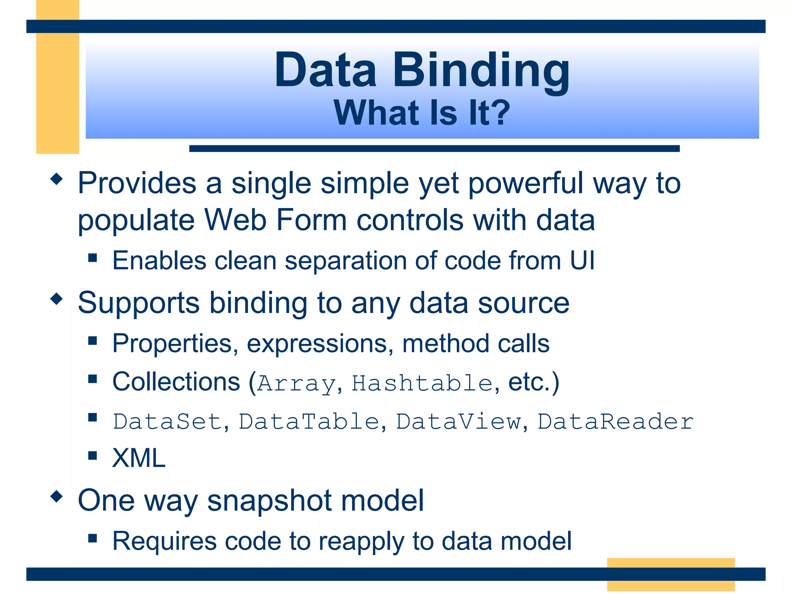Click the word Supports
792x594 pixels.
tap(138, 303)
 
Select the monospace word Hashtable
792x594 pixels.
tap(422, 383)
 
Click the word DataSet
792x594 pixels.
tap(167, 421)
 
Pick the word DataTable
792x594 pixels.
tap(309, 421)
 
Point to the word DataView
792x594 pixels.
tap(458, 421)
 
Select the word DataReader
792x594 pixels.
tap(615, 421)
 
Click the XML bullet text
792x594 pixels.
tap(139, 458)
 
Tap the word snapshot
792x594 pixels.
tap(270, 500)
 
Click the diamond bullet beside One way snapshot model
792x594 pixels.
tap(56, 496)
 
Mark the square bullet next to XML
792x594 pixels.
tap(92, 455)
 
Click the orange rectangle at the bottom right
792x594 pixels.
tap(671, 574)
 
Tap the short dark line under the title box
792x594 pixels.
tap(434, 148)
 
